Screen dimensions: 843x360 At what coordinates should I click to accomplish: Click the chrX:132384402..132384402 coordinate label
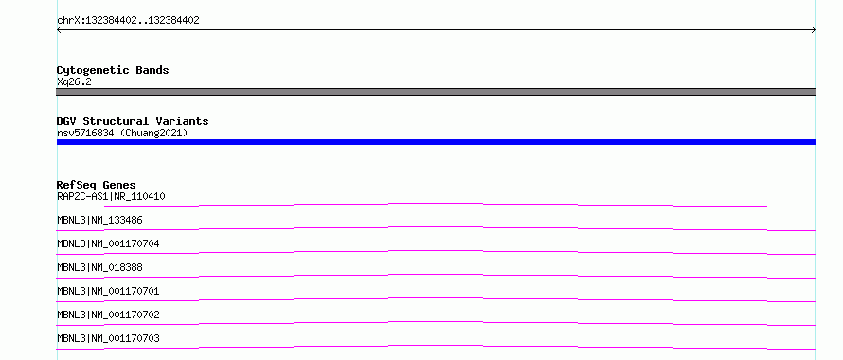128,21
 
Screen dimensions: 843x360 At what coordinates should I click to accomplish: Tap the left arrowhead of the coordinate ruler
58,30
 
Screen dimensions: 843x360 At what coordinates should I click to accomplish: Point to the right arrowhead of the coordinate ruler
815,30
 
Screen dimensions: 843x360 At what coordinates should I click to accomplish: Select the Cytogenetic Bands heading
113,70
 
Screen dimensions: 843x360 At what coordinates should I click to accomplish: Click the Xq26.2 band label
74,81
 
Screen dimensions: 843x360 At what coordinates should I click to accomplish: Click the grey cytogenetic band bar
436,92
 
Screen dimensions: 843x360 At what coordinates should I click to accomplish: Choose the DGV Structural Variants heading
133,121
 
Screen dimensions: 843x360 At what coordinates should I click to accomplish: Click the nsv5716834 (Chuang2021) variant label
122,133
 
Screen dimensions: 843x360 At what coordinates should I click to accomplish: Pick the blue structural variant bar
436,142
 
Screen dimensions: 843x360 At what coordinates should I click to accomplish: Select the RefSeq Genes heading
97,185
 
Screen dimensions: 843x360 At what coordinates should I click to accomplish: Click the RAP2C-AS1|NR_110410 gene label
111,196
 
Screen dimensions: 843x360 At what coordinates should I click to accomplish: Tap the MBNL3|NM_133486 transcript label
99,220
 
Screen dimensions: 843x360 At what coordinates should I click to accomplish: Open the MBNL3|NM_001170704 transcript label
108,243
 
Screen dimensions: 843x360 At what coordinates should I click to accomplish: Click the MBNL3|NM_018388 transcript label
99,267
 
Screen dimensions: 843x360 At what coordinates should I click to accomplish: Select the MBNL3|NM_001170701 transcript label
108,291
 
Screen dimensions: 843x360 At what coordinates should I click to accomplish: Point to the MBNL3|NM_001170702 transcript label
108,315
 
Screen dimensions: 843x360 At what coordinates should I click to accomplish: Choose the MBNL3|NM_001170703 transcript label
108,338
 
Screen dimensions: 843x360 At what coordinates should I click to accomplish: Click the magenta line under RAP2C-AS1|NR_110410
436,204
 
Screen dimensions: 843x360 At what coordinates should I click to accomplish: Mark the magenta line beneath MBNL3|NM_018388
436,275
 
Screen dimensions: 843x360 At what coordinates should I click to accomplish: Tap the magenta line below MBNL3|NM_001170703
436,346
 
